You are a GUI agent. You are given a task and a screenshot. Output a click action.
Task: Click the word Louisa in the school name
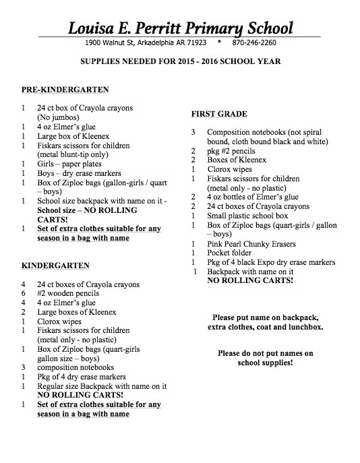94,29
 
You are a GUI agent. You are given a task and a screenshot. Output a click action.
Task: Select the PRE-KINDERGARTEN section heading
66,90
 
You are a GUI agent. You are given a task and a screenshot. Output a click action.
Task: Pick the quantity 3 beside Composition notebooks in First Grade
193,133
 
